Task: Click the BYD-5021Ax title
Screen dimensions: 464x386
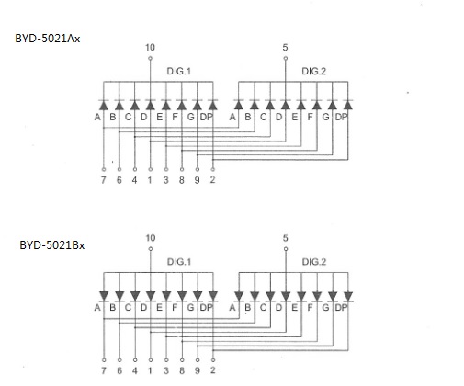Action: click(48, 39)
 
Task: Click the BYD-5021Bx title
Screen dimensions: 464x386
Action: click(52, 245)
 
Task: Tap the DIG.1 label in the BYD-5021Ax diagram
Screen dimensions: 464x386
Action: click(179, 72)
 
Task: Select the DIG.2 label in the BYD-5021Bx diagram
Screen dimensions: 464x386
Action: click(314, 262)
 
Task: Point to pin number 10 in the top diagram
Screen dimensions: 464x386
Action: click(150, 48)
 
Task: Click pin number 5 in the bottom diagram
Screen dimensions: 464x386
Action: click(286, 238)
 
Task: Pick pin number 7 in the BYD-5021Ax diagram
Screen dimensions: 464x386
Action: click(104, 180)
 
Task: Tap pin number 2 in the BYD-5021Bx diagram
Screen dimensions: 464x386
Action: click(213, 370)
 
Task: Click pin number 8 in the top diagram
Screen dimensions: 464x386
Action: click(182, 180)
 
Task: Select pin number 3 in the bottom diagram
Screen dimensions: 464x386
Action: click(166, 370)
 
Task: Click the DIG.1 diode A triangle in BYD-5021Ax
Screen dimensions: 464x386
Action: click(104, 106)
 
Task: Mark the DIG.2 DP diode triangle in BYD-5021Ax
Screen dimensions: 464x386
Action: click(348, 106)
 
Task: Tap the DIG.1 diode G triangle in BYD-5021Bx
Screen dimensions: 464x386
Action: click(198, 296)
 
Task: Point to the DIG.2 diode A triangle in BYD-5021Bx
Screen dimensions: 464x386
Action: click(239, 296)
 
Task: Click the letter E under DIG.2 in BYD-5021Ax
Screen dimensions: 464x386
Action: click(294, 117)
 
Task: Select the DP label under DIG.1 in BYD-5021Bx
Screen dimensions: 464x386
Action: click(206, 307)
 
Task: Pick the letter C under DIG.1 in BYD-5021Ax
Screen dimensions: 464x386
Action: click(128, 117)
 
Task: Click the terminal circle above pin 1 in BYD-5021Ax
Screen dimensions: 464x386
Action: click(151, 169)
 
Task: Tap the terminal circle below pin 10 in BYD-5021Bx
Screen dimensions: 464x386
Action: click(151, 249)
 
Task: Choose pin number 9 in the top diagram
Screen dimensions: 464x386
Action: click(198, 180)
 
